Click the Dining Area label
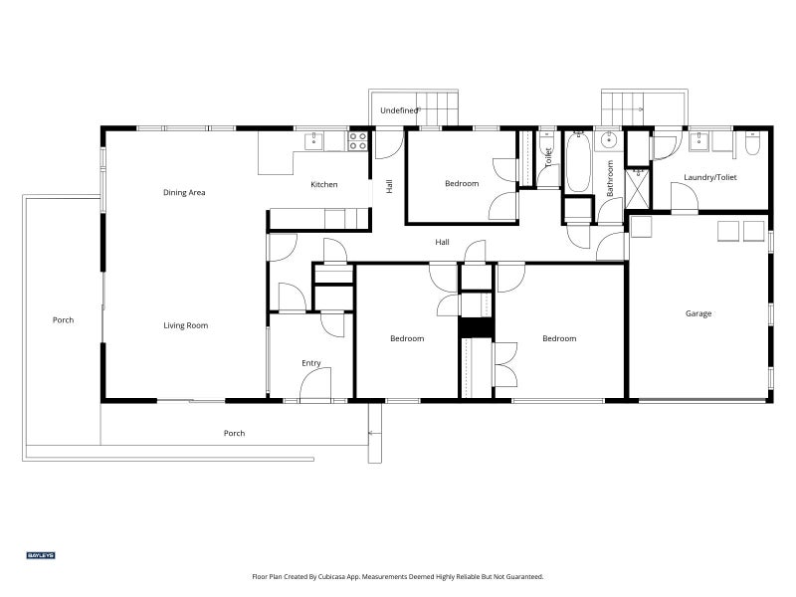184,192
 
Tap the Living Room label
186,325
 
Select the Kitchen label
324,184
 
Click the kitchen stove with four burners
357,141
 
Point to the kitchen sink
314,141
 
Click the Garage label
698,313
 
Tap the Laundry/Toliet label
710,177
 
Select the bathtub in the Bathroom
578,162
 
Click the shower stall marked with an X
638,189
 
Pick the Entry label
311,363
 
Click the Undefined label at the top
400,110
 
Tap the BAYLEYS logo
41,555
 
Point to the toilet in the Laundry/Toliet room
752,142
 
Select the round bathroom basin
607,139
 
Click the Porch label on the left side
64,319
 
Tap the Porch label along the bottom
235,433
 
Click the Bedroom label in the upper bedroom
462,183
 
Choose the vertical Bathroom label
610,178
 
